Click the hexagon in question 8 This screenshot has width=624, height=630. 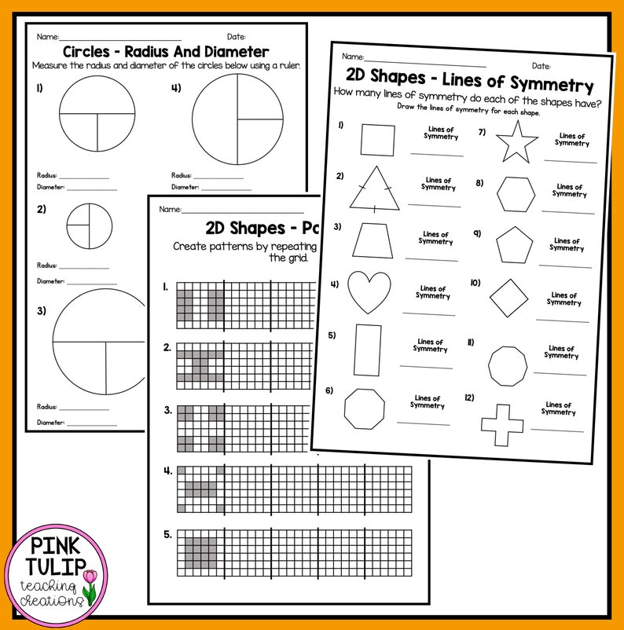[516, 194]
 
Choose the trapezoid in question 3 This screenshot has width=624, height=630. [372, 240]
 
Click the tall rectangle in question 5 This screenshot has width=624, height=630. [368, 349]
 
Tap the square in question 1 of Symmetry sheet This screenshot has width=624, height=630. [376, 140]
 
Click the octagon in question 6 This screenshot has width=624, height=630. [365, 408]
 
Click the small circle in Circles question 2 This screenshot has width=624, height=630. [90, 226]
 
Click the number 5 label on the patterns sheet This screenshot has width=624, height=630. [167, 535]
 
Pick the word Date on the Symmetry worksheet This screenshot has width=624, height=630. [541, 66]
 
